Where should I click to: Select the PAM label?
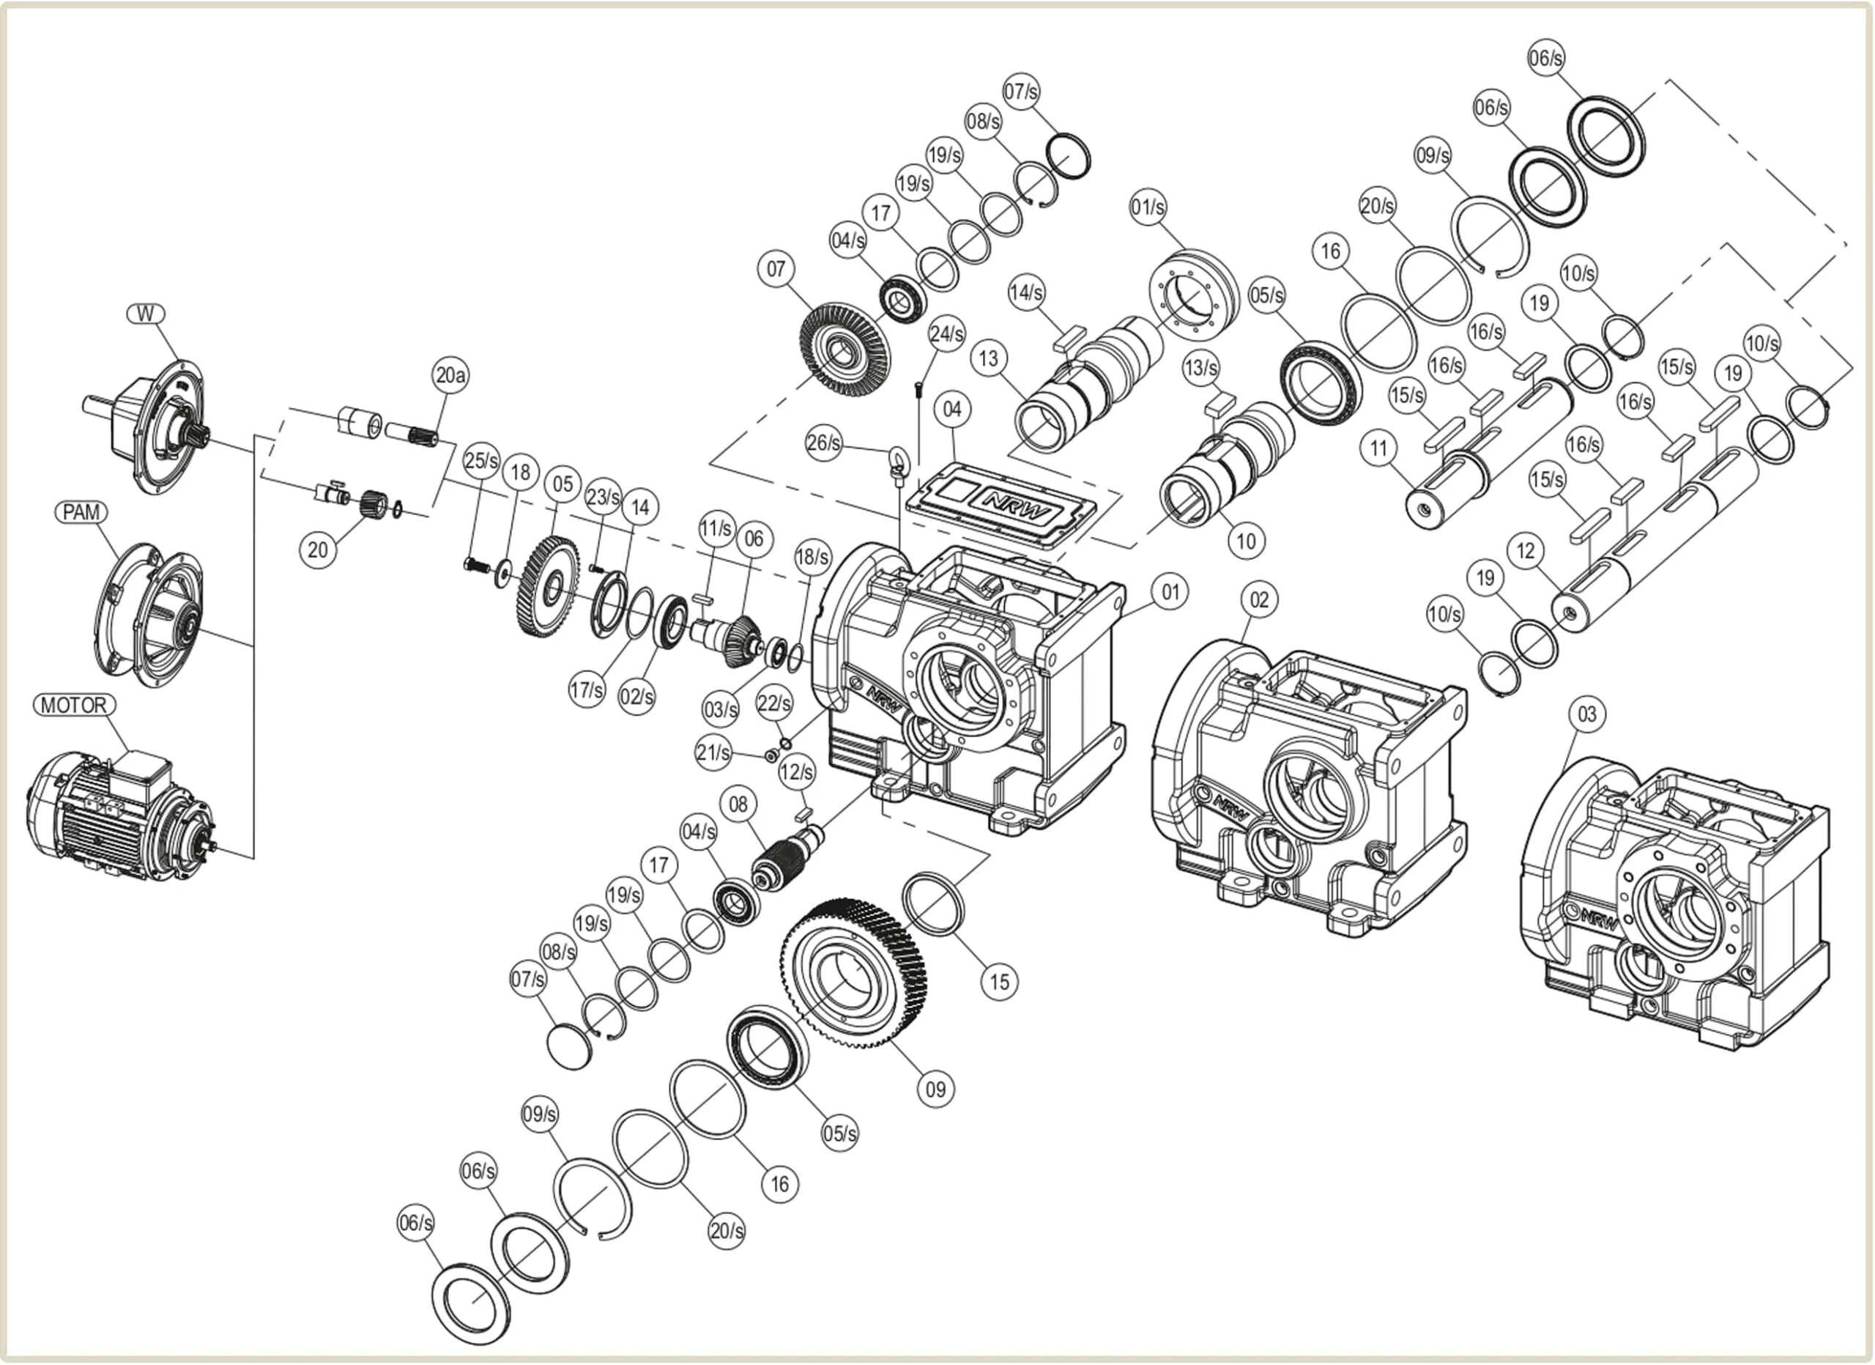tap(81, 513)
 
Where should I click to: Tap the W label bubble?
tap(146, 314)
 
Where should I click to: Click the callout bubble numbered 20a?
tap(450, 375)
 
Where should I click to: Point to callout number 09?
tap(936, 1089)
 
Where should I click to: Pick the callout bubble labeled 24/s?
tap(946, 334)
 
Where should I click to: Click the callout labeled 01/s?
tap(1148, 207)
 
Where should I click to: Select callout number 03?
tap(1587, 714)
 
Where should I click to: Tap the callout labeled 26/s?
tap(824, 443)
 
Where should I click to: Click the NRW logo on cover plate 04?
tap(1017, 503)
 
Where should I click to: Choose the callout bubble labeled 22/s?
tap(774, 703)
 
